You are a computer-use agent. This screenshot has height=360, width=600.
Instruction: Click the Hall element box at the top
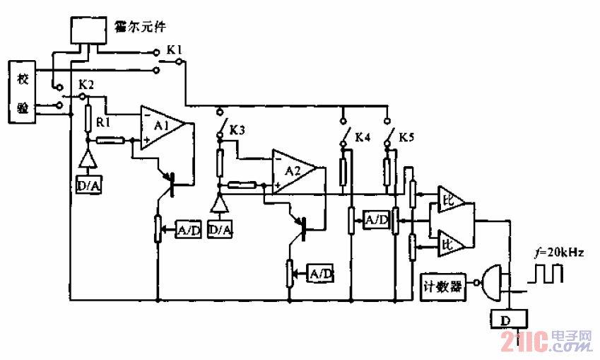(90, 29)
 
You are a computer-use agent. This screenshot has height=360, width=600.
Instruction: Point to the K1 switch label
(175, 50)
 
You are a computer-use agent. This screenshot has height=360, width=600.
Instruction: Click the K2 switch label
(86, 83)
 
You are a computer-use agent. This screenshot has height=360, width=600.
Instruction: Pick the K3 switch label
(238, 131)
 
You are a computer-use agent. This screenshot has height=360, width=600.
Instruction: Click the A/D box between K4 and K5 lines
(375, 220)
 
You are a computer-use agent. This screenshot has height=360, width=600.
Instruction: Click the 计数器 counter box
(442, 286)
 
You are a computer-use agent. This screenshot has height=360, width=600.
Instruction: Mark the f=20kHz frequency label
(559, 251)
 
